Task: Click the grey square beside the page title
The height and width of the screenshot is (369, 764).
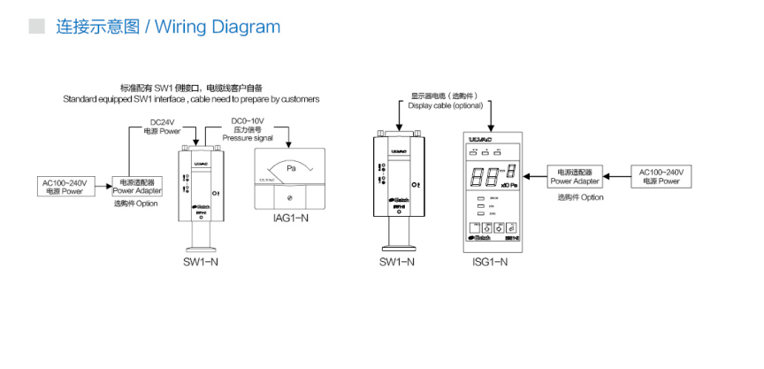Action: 36,27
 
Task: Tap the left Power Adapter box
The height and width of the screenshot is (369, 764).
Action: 135,186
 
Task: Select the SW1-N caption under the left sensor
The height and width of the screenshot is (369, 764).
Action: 200,263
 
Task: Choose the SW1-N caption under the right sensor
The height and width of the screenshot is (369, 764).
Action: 398,263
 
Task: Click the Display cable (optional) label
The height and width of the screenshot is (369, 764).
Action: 446,100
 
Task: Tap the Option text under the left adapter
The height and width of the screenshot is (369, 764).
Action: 135,204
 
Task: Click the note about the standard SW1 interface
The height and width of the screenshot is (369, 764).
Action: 191,93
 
